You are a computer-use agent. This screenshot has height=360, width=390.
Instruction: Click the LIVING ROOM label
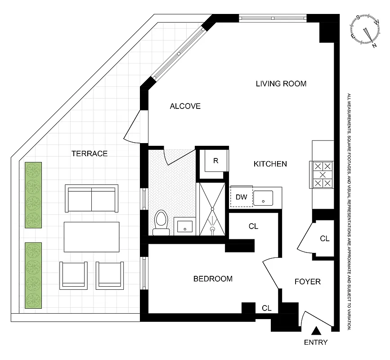[281, 84]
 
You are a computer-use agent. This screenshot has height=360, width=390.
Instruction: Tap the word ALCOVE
[184, 106]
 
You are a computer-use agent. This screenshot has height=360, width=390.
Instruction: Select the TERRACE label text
[90, 153]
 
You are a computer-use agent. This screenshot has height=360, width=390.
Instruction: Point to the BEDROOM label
[213, 279]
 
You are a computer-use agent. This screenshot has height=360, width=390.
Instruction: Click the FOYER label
[307, 282]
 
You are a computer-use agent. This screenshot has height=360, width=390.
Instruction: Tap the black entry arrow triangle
[316, 331]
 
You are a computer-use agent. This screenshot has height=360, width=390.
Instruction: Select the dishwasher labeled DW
[241, 197]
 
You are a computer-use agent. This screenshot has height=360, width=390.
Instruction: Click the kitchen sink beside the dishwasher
[263, 198]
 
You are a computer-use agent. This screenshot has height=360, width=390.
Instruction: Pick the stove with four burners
[323, 175]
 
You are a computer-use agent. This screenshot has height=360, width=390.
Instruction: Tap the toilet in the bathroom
[161, 223]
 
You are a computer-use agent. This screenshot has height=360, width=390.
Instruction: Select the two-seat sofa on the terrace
[91, 198]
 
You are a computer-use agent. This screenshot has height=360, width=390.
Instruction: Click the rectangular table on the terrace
[91, 237]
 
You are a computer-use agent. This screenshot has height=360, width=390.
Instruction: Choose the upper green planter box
[33, 195]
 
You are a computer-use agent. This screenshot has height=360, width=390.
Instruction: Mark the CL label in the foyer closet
[324, 239]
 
